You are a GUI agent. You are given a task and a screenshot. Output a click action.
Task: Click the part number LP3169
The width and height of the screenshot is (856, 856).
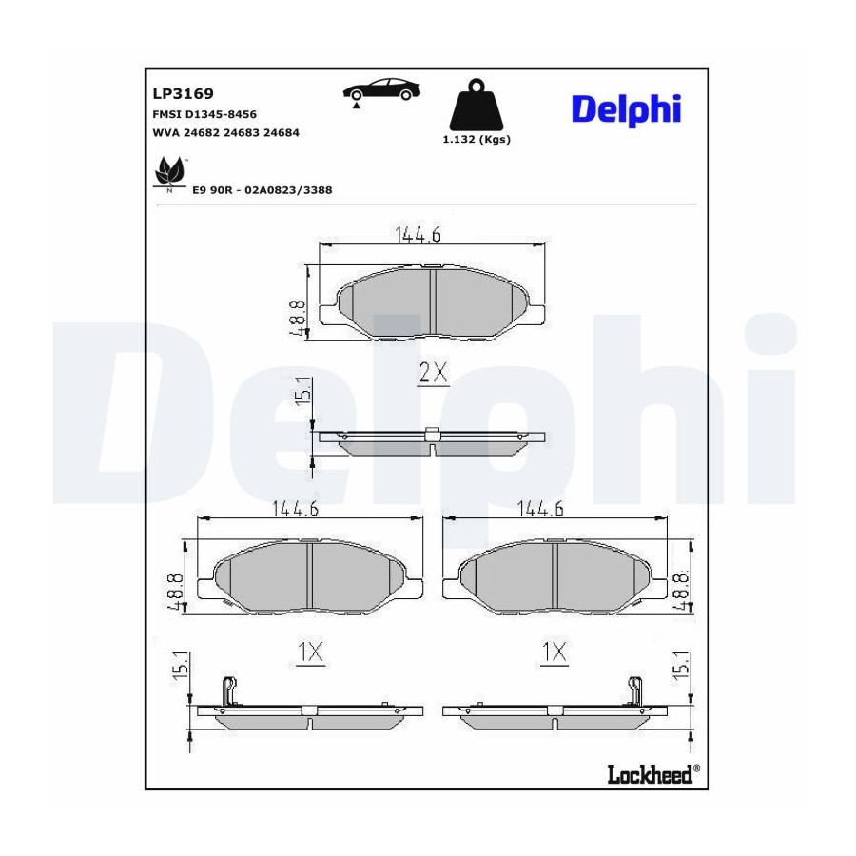pyautogui.click(x=183, y=94)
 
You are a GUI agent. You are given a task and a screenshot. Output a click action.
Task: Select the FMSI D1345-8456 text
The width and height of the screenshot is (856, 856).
pyautogui.click(x=204, y=114)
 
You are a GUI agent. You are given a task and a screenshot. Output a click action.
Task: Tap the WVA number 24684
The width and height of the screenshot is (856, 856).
pyautogui.click(x=282, y=132)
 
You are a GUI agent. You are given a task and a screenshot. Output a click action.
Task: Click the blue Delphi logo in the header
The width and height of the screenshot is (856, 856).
pyautogui.click(x=626, y=110)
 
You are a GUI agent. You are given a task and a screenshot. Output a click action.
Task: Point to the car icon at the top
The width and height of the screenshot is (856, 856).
pyautogui.click(x=381, y=91)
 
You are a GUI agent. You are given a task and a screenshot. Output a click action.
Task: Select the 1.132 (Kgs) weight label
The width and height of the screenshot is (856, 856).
pyautogui.click(x=477, y=139)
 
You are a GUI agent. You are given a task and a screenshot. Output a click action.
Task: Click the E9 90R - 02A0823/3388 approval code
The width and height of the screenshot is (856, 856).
pyautogui.click(x=263, y=190)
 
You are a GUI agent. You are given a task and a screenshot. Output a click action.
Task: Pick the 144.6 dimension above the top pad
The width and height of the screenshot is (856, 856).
pyautogui.click(x=418, y=234)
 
